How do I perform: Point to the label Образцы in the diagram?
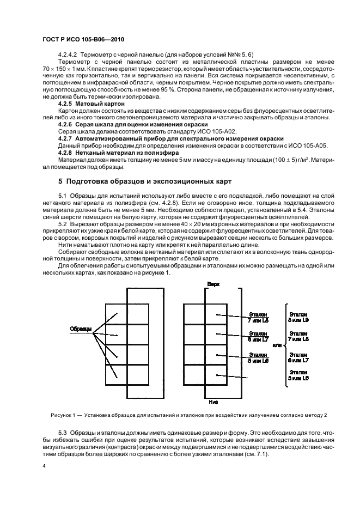81,329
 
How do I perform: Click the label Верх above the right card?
213,284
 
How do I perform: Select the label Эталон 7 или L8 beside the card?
258,318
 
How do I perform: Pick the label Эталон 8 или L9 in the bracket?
298,318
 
